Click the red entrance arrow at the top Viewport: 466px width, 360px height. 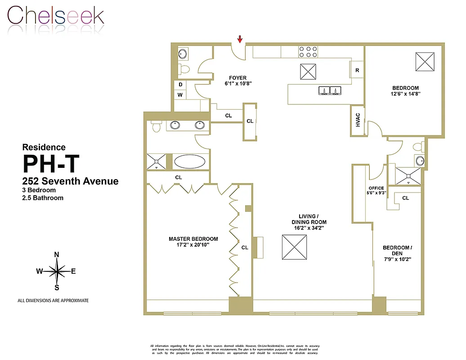point(240,39)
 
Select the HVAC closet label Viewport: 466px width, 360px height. point(358,121)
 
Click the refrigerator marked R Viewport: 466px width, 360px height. point(357,70)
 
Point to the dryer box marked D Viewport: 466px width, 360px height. point(180,85)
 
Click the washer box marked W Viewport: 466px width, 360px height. point(180,95)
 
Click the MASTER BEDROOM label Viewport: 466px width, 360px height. point(193,239)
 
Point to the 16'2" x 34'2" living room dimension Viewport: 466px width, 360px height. point(309,228)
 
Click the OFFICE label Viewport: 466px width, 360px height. point(376,188)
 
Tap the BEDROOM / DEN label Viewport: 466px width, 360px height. point(396,251)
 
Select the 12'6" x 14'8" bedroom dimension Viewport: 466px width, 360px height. point(405,94)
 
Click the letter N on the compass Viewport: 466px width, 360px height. point(57,255)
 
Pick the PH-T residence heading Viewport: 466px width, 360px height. point(50,164)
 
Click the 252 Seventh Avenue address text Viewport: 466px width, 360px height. point(71,181)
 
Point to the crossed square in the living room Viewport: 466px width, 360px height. point(294,247)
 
